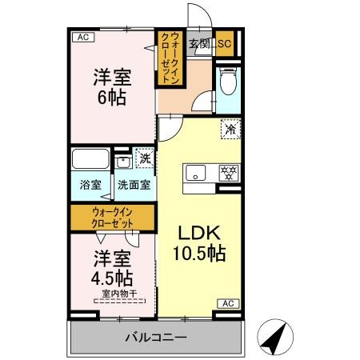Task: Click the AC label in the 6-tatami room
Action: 82,37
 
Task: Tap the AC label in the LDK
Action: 228,303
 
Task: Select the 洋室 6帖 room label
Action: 112,89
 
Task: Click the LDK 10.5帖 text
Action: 199,242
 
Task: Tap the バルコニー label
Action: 155,338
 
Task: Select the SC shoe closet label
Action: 224,44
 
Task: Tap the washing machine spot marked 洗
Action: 144,158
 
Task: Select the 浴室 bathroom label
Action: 90,185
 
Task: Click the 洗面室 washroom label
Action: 133,185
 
